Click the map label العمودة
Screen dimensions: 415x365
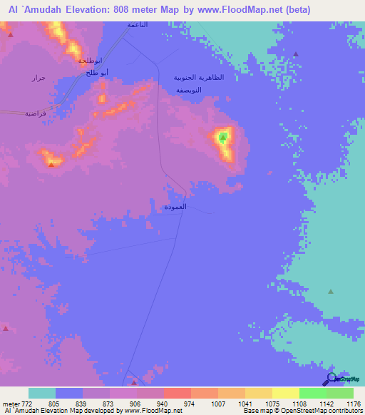coord(175,207)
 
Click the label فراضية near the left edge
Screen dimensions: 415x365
coord(36,113)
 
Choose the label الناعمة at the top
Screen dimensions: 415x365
coord(138,24)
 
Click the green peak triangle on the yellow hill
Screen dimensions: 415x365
coord(223,137)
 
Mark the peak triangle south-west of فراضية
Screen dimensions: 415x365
coord(51,163)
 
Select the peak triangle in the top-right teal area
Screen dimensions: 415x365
coord(295,54)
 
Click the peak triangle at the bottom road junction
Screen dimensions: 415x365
coord(134,382)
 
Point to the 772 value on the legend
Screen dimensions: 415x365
coord(17,403)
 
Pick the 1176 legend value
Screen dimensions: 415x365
coord(352,403)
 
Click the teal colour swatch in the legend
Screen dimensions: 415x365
coord(42,393)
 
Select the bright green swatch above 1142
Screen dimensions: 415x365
coord(312,393)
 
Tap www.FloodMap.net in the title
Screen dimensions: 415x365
coord(247,11)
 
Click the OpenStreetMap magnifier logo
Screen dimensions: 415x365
coord(330,379)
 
